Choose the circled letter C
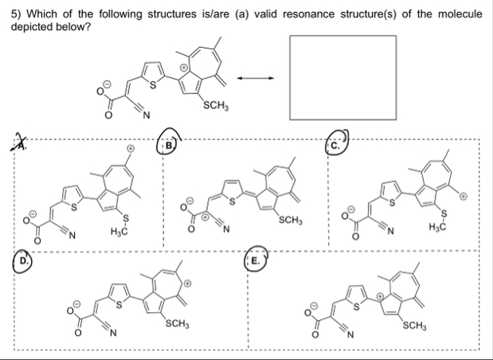[335, 145]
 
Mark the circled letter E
[256, 260]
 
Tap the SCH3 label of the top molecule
[218, 105]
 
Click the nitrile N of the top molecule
[146, 119]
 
